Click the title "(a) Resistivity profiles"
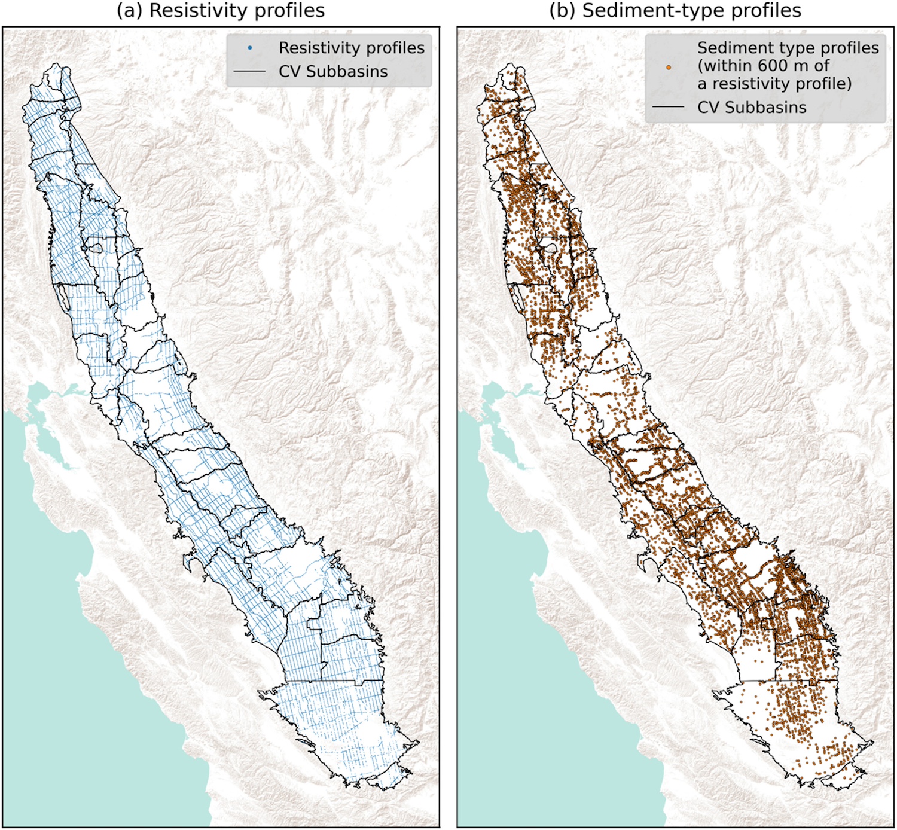click(x=221, y=11)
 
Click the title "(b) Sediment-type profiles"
click(x=675, y=11)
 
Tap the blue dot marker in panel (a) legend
click(x=250, y=48)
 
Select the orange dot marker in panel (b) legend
click(x=669, y=67)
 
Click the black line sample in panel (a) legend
click(x=249, y=72)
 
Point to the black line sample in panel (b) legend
click(x=668, y=108)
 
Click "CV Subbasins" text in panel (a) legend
click(x=333, y=72)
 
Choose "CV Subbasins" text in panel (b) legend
click(x=752, y=108)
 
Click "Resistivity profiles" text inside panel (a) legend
click(x=352, y=48)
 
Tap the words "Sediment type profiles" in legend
click(x=788, y=48)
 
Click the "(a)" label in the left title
click(x=130, y=11)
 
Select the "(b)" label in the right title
click(x=563, y=11)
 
